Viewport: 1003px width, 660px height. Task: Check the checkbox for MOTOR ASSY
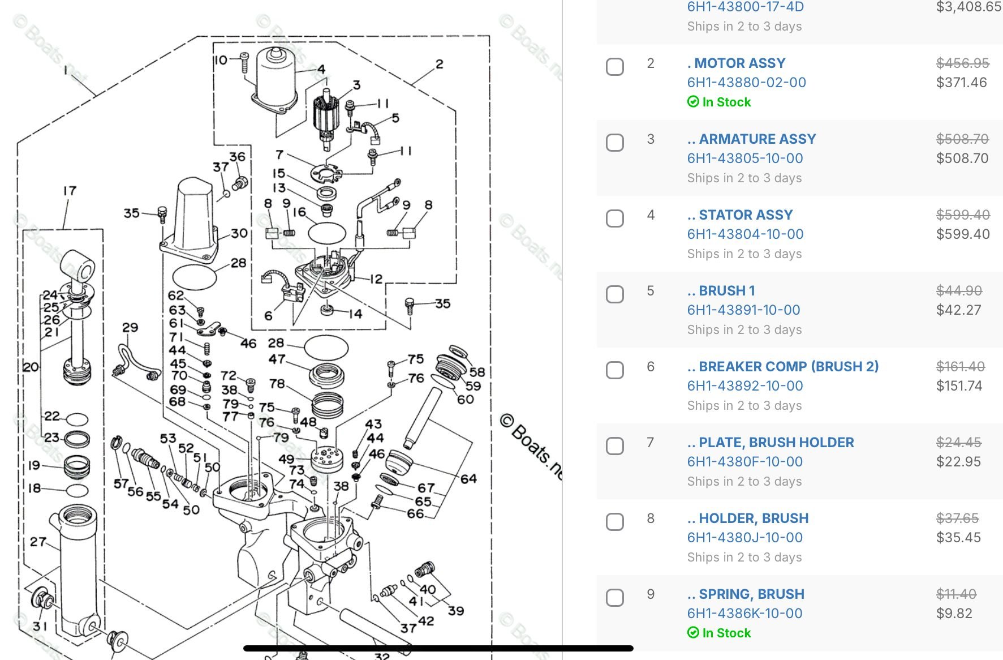(x=615, y=67)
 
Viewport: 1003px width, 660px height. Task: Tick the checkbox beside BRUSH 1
(x=615, y=294)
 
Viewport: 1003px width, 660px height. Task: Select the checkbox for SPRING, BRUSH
(x=615, y=598)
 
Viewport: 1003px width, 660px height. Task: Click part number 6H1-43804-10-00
(x=745, y=234)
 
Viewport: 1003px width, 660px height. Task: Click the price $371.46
(x=961, y=83)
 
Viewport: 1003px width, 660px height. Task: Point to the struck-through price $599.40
(x=963, y=215)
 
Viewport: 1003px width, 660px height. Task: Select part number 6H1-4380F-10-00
(x=744, y=462)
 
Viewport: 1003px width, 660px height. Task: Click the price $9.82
(x=954, y=614)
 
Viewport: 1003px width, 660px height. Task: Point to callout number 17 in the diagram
(x=70, y=191)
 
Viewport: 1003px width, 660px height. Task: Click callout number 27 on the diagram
(x=38, y=542)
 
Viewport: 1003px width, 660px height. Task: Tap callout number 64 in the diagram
(x=468, y=479)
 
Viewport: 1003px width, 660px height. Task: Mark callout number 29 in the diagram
(x=130, y=328)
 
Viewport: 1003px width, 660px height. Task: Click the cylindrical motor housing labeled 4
(x=275, y=76)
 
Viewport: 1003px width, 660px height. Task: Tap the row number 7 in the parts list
(x=651, y=443)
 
